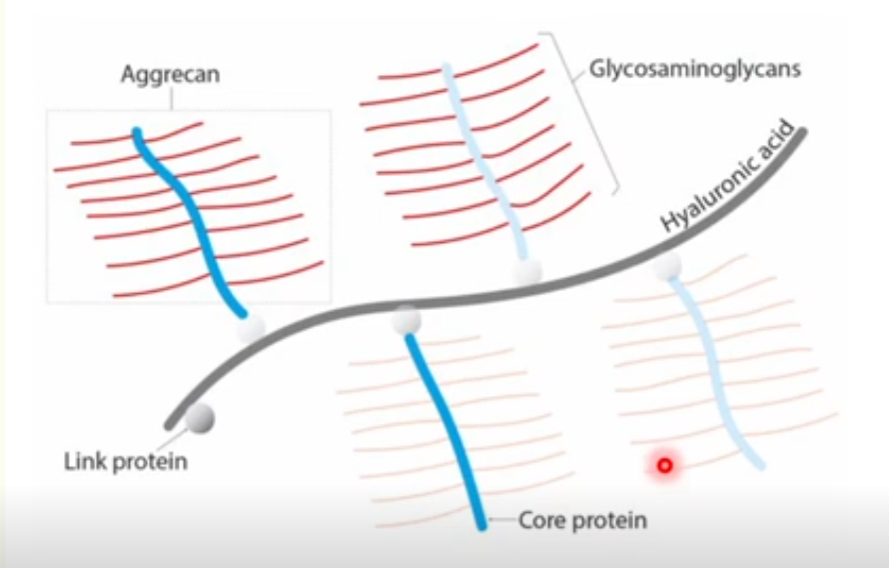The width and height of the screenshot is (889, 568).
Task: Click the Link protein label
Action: [126, 462]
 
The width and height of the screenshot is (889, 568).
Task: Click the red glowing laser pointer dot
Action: [665, 464]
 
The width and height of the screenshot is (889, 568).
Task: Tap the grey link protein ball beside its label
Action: [200, 419]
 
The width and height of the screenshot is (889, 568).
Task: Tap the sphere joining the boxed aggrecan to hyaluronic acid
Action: [250, 328]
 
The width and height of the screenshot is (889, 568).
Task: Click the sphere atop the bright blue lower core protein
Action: [406, 321]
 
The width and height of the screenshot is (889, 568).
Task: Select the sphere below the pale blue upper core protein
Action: [526, 271]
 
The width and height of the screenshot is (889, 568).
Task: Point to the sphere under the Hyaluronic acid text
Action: [666, 265]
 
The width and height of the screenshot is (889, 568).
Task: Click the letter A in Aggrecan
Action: [127, 73]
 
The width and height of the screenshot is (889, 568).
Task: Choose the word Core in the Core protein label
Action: [539, 520]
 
